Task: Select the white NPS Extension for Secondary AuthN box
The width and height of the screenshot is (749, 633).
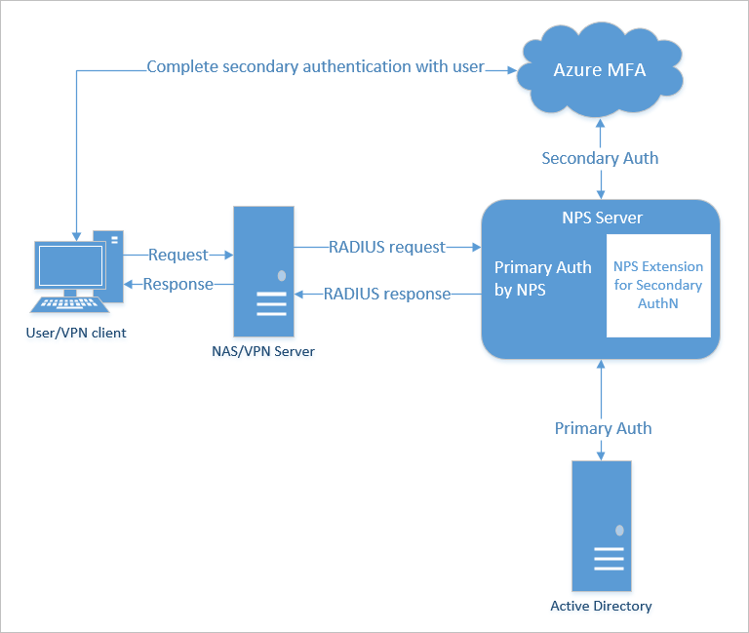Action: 658,285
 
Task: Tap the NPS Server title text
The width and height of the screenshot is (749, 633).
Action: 600,217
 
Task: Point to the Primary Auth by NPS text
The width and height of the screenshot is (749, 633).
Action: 542,278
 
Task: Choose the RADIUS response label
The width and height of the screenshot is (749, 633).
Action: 387,293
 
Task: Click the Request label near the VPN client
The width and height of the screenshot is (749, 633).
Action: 178,255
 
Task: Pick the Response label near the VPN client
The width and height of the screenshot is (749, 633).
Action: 177,284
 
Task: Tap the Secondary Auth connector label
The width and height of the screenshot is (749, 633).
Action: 600,158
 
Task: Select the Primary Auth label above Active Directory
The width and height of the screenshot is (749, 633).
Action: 603,428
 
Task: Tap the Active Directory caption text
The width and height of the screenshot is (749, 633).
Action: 601,606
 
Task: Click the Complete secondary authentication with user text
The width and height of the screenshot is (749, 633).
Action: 315,68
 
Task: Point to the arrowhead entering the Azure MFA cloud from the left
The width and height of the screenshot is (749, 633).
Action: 508,68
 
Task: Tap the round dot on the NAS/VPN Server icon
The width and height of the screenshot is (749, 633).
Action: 281,276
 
